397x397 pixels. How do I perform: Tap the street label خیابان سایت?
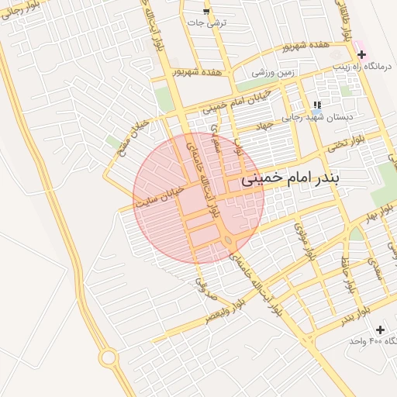point(161,195)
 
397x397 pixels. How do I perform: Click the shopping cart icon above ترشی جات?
point(205,11)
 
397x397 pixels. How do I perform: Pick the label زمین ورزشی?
point(271,72)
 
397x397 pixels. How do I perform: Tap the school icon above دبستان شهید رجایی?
point(316,105)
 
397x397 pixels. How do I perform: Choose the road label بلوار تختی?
point(344,142)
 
